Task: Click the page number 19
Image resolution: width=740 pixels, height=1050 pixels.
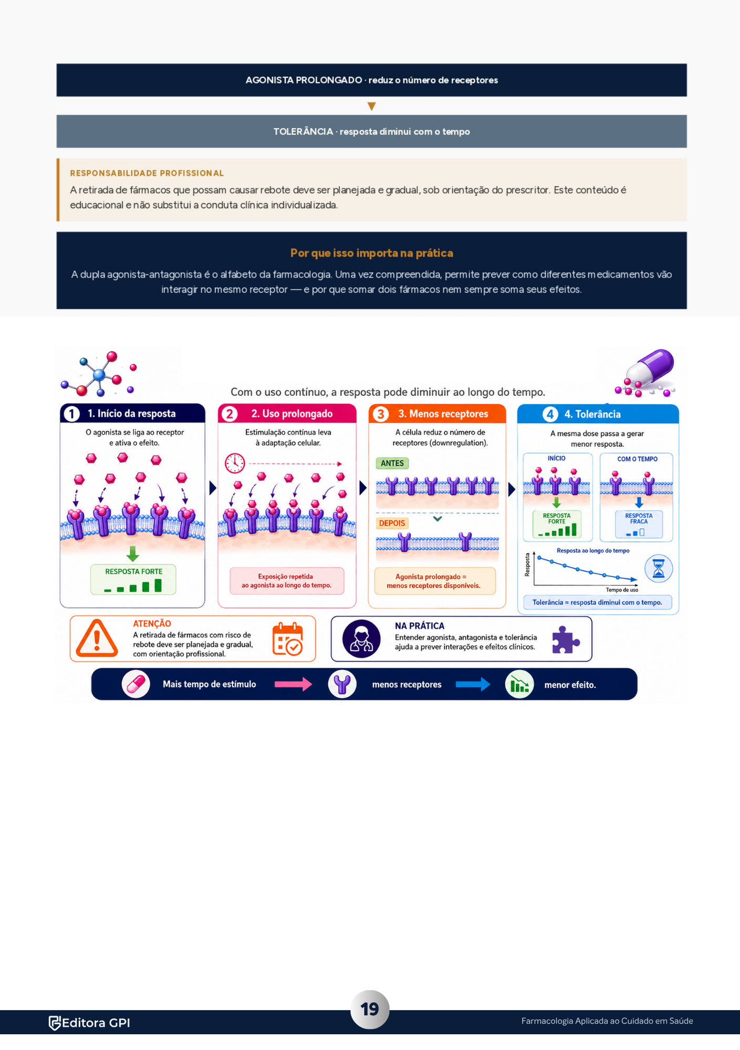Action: coord(370,1009)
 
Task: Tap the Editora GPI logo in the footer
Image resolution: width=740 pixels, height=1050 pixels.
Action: coord(89,1023)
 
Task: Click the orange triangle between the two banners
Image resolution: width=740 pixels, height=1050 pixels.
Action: coord(371,106)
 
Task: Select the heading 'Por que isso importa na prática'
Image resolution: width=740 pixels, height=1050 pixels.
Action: coord(371,253)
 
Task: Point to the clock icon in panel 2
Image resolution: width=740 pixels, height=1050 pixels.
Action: coord(235,463)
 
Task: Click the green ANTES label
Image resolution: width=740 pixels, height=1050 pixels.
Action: coord(392,463)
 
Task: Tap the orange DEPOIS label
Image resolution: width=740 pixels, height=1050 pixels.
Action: coord(392,523)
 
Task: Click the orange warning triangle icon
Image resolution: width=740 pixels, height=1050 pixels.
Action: coord(97,638)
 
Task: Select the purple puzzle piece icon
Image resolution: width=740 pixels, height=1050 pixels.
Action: coord(566,639)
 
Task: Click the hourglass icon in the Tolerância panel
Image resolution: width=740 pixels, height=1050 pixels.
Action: coord(658,569)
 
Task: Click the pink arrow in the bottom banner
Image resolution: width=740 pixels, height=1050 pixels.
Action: coord(293,684)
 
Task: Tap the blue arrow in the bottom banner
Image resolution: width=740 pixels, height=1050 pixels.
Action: coord(473,684)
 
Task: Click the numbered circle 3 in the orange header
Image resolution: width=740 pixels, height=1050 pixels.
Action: coord(380,414)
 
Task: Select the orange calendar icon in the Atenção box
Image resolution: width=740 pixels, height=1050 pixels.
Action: coord(287,638)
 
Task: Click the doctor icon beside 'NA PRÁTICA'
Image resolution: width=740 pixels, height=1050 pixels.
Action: coord(361,639)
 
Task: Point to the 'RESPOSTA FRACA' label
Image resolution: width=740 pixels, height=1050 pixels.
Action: coord(639,519)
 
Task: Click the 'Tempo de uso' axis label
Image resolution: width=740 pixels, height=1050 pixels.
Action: coord(622,590)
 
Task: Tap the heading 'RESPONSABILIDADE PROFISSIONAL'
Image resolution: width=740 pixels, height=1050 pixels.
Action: coord(147,173)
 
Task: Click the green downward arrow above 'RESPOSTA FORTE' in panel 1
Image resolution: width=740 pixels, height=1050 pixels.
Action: coord(133,553)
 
